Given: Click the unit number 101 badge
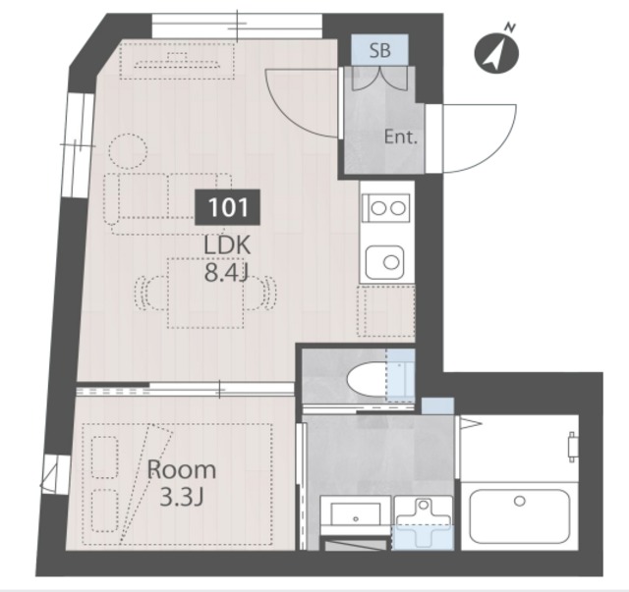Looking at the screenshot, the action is tap(227, 207).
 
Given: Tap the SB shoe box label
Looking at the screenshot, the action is tap(379, 51).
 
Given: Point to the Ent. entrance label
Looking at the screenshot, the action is tap(401, 137).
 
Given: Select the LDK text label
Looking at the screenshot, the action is tap(227, 244).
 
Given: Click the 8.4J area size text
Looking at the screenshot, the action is tap(227, 273).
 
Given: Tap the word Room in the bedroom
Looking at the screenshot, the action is tap(182, 469).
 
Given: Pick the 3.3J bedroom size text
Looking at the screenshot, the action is tap(182, 498).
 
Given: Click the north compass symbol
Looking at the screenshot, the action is tap(496, 52).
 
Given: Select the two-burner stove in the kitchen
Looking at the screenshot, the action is tap(386, 208).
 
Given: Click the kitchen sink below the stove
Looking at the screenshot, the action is tap(384, 262).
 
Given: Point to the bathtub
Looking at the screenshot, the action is tap(520, 515).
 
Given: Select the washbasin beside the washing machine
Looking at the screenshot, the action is tap(356, 513).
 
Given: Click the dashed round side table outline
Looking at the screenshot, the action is tap(128, 151).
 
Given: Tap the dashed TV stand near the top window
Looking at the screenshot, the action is tap(177, 61).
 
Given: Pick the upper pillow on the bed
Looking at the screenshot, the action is tap(105, 457).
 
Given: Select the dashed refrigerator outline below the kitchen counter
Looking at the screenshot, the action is tap(386, 311).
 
